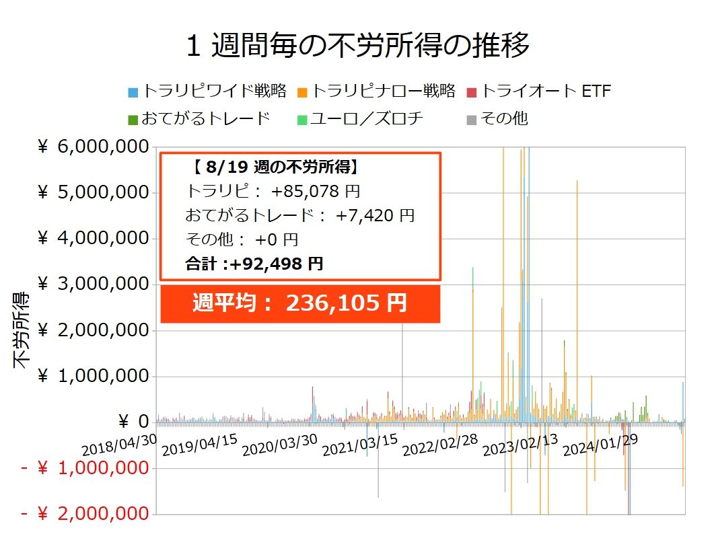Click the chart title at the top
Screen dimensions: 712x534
coord(358,45)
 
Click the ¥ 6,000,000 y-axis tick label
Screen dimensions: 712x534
coord(93,147)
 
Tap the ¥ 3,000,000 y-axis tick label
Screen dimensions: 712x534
coord(93,284)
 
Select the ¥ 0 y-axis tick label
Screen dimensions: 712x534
coord(133,422)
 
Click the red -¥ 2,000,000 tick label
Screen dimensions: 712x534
coord(85,514)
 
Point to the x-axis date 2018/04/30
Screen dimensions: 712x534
coord(119,445)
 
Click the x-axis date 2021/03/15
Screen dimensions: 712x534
coord(359,445)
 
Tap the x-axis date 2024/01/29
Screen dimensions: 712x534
coord(600,445)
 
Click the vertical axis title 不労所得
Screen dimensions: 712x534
coord(21,330)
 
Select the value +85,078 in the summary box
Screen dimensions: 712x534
coord(305,192)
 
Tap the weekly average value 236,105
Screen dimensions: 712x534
coord(333,303)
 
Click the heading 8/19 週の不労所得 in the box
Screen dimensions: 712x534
coord(279,167)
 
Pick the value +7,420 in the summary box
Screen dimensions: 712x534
coord(365,215)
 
